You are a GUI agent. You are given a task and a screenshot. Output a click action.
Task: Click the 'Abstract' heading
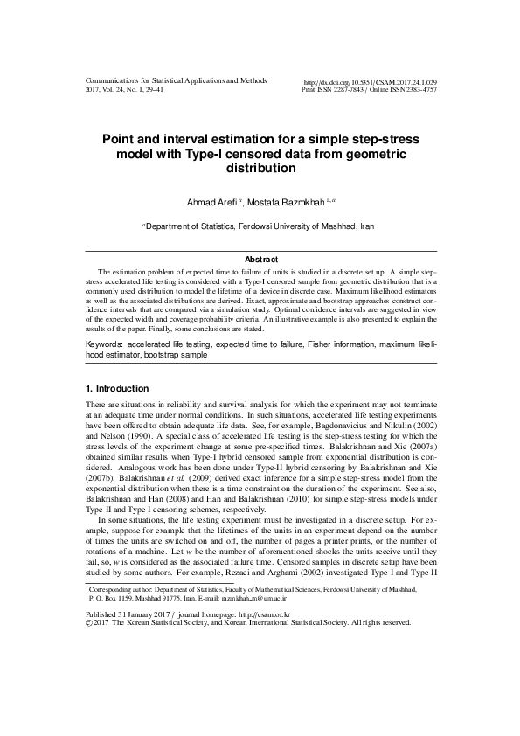click(260, 260)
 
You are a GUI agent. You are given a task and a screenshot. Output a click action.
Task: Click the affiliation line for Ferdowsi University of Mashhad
click(260, 226)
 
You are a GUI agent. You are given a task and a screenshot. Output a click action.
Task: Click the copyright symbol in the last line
click(88, 623)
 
